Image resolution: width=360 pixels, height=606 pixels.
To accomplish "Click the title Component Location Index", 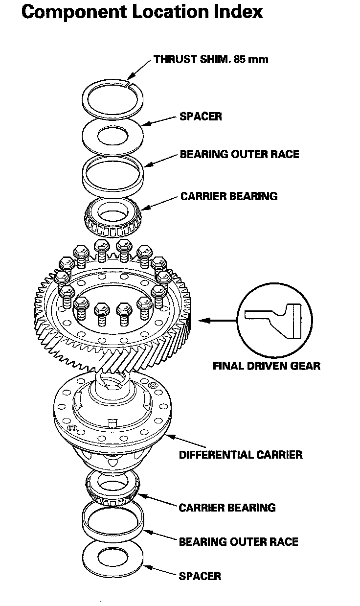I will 142,12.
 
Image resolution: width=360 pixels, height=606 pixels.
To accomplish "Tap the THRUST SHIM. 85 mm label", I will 211,60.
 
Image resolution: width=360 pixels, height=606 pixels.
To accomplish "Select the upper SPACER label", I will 201,117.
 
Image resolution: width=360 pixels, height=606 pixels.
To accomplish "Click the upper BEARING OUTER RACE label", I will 239,154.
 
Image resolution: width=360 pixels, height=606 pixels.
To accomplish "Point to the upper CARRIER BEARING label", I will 228,196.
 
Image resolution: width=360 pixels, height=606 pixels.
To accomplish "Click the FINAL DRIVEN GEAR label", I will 267,366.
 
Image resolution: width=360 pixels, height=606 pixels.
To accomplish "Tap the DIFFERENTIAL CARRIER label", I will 240,454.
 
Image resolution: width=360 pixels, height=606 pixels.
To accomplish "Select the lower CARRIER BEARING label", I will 227,507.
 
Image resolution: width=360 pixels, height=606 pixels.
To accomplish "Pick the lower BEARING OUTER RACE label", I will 238,542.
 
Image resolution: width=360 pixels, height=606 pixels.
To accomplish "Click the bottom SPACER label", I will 200,576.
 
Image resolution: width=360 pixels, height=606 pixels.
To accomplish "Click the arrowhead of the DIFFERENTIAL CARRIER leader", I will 168,435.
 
